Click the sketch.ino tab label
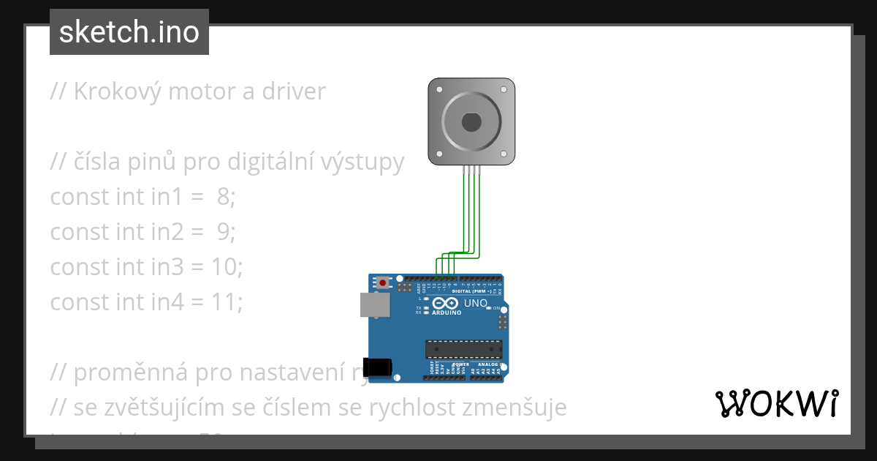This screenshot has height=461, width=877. pos(129,32)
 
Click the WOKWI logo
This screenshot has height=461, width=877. pos(776,403)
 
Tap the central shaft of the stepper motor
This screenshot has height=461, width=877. pos(471,121)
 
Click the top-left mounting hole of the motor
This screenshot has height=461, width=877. pos(438,89)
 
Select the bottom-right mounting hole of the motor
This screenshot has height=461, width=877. pos(504,154)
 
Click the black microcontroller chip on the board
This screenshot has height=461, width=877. pos(464,351)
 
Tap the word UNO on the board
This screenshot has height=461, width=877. pos(476,303)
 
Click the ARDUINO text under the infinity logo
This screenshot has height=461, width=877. pos(447,312)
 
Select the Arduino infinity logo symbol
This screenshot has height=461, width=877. pos(445,303)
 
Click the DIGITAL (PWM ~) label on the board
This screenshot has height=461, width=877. pos(471,291)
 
